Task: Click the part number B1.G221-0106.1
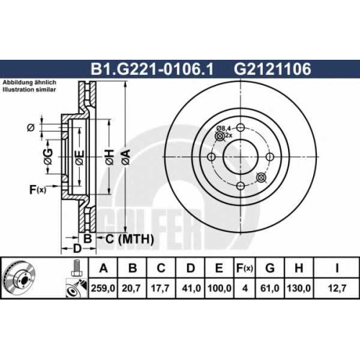[x=152, y=69]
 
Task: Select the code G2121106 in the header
[x=272, y=69]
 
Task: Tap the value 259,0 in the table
[x=103, y=288]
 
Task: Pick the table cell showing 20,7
[x=131, y=288]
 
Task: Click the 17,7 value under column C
[x=161, y=288]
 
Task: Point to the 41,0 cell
[x=192, y=288]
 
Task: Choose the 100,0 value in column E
[x=220, y=288]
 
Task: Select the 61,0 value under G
[x=270, y=288]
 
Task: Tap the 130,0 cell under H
[x=299, y=288]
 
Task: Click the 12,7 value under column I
[x=337, y=288]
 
